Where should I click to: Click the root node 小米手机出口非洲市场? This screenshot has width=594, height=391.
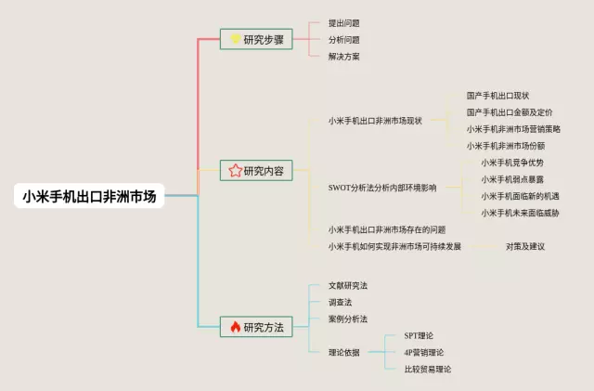(x=90, y=196)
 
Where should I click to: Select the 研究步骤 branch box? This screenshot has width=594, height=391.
(x=257, y=39)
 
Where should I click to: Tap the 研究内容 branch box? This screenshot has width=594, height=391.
(x=257, y=171)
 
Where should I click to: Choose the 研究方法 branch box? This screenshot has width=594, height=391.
(x=257, y=327)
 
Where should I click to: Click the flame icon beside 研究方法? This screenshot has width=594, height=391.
(x=235, y=327)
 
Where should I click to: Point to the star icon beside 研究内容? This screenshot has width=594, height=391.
(x=235, y=171)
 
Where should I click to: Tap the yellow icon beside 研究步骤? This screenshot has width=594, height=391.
(x=235, y=39)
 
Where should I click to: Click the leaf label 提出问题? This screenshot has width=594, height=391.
(x=343, y=23)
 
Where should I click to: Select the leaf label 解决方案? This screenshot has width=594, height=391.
(x=343, y=57)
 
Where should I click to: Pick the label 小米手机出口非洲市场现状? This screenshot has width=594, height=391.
(x=375, y=121)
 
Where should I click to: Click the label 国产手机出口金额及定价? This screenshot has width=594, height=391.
(x=510, y=112)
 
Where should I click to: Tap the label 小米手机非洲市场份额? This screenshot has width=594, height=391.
(x=506, y=146)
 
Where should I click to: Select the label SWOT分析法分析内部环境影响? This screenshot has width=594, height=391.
(x=381, y=188)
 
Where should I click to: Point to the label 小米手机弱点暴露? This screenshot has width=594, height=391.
(x=512, y=179)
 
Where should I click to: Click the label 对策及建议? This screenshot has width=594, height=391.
(x=525, y=246)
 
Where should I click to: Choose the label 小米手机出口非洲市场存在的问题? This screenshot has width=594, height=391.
(x=387, y=229)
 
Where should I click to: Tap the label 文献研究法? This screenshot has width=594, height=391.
(x=348, y=285)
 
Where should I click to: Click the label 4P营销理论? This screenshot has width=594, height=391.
(x=424, y=352)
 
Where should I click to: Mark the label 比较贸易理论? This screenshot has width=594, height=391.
(x=428, y=369)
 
